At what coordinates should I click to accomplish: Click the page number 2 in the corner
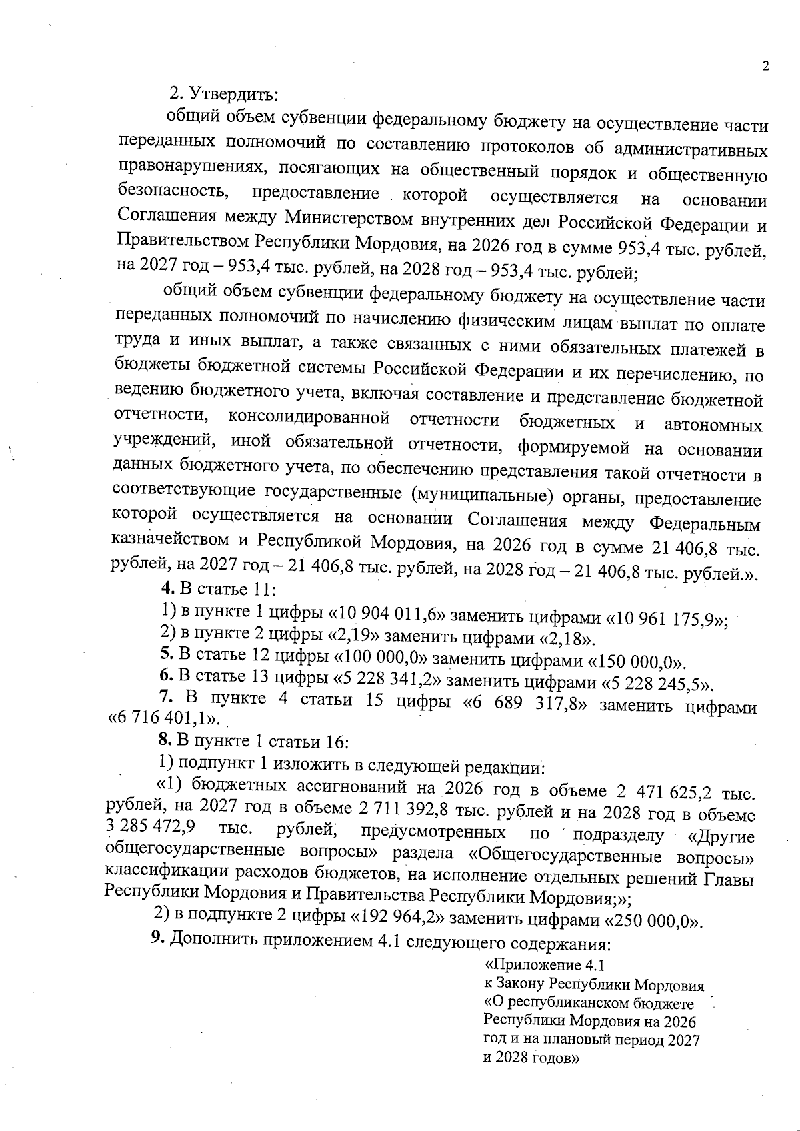(x=765, y=66)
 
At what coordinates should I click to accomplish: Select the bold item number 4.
(x=168, y=588)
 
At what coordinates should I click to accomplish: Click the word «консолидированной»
(x=309, y=419)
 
